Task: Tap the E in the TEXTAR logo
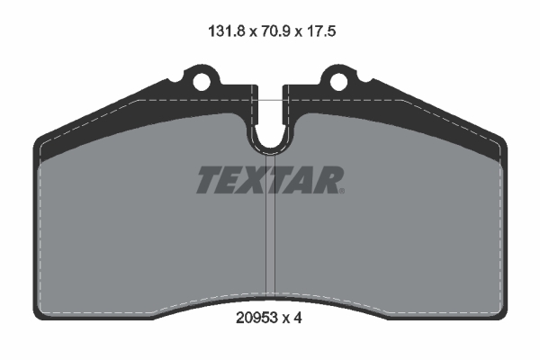[233, 180]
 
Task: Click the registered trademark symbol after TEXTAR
[341, 190]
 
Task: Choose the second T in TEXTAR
[281, 180]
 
